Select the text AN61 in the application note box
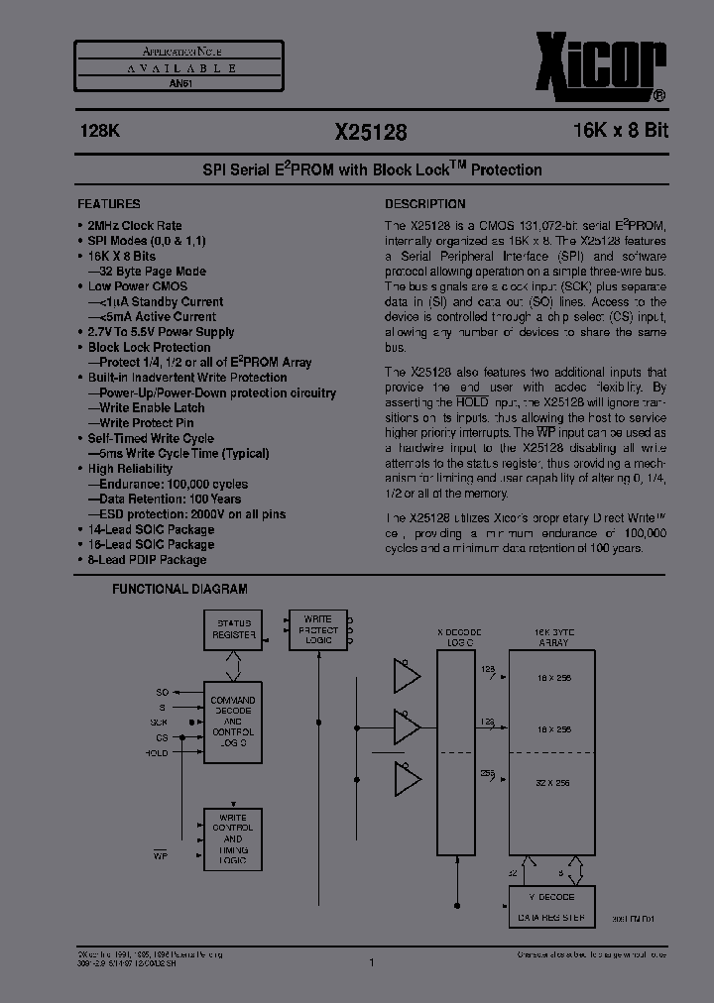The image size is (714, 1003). tap(180, 84)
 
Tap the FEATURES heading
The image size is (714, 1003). tap(109, 202)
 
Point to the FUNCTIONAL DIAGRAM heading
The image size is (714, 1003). tap(179, 589)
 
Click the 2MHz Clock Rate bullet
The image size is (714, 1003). tap(135, 225)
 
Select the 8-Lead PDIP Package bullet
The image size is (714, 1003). tap(147, 560)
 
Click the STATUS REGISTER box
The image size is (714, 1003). tap(234, 629)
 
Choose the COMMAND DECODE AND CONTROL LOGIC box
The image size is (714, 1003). tap(233, 722)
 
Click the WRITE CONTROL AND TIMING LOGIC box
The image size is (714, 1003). tap(233, 839)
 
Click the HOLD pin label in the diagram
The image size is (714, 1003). tap(158, 754)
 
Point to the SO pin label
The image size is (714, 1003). tap(163, 691)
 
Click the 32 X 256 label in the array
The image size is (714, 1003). tap(551, 783)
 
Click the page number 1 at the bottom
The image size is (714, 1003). tap(370, 962)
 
